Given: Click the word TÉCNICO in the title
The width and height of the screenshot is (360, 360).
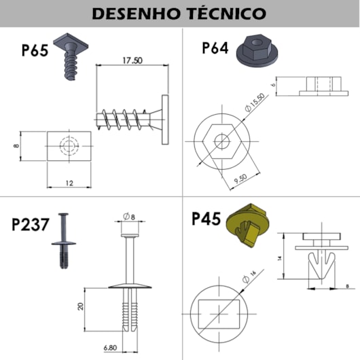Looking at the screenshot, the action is [227, 14].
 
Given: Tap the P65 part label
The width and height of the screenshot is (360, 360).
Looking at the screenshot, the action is [35, 50].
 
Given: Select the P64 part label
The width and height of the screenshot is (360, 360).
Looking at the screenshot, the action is [215, 48].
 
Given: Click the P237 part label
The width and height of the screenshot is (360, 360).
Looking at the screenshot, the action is [31, 224].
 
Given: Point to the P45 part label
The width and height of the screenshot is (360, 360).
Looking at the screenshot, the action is [206, 219].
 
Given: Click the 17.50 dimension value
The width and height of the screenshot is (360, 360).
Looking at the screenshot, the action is [132, 60].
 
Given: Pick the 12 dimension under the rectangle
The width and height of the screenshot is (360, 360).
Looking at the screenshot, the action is [69, 183].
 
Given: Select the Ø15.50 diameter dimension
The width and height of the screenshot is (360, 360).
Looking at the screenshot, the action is [255, 103].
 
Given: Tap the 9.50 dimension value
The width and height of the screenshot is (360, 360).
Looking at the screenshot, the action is [240, 179].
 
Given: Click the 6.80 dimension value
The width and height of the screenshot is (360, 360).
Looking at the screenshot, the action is [110, 348].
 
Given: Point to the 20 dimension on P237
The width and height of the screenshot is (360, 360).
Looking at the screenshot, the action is [81, 306].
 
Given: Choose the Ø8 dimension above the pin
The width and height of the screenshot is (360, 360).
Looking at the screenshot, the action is [129, 216].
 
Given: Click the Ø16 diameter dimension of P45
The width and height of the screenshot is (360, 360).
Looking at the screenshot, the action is [249, 276].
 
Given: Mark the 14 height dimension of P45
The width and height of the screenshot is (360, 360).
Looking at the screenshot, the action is [279, 258].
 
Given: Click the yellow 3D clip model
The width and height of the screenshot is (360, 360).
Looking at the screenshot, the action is [248, 226].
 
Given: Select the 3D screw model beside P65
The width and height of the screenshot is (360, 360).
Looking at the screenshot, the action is [69, 56].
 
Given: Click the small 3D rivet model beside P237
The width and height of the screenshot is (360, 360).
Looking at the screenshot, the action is [64, 241].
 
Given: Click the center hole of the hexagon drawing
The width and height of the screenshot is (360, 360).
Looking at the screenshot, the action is [222, 141].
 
